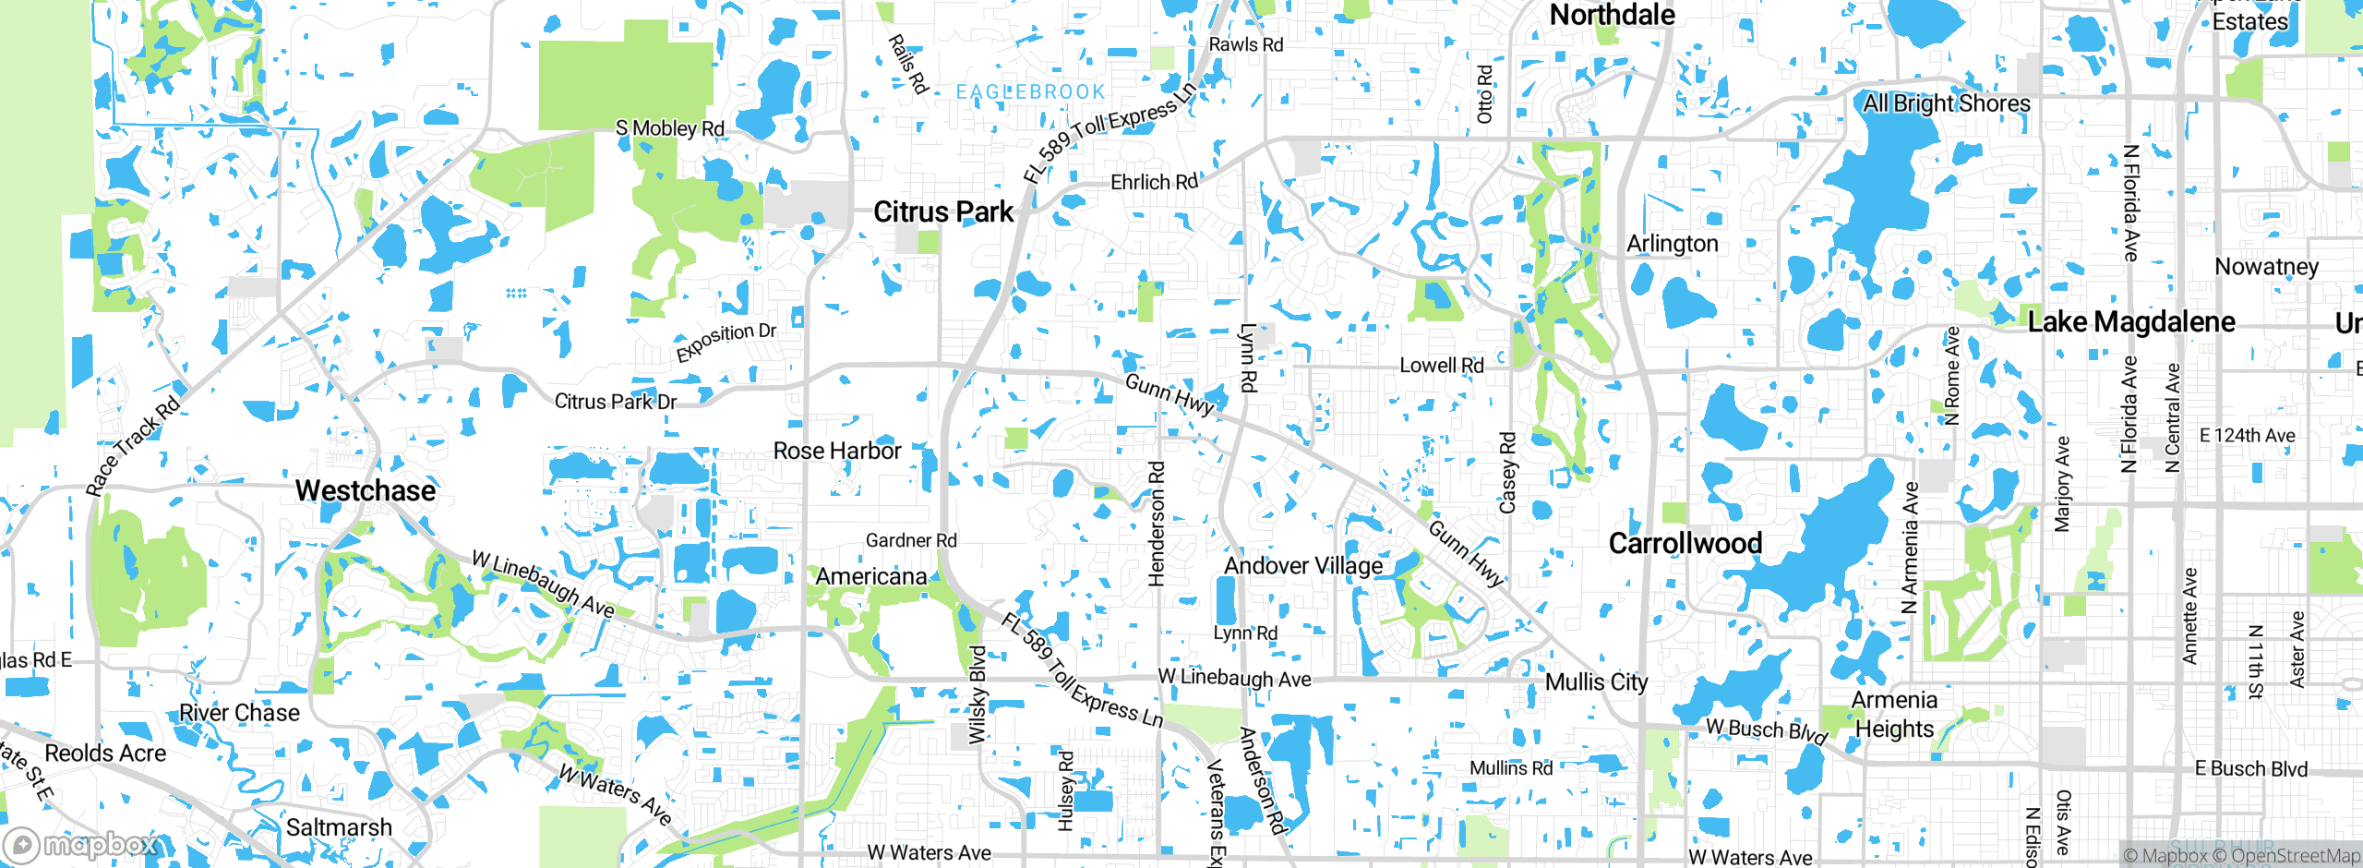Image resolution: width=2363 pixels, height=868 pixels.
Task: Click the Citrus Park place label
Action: click(942, 212)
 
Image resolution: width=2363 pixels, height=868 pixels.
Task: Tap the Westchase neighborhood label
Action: click(366, 490)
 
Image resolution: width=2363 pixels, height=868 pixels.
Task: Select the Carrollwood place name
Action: click(1685, 543)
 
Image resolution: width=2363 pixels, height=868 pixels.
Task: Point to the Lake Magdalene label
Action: click(2131, 322)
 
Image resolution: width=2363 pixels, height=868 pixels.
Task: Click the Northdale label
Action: click(1612, 15)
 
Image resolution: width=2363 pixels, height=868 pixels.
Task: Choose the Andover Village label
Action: click(1303, 565)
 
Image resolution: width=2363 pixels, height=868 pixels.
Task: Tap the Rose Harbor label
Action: click(836, 451)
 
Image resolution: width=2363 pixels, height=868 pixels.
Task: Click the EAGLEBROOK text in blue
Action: click(1030, 92)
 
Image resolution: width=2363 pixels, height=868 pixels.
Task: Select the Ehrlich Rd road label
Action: click(1154, 182)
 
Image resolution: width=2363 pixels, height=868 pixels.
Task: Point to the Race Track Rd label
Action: click(133, 446)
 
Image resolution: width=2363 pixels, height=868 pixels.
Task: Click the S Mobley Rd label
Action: click(669, 128)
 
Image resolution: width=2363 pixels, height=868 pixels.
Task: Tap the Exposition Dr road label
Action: click(726, 342)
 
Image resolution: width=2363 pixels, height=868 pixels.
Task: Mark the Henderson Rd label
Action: click(1156, 524)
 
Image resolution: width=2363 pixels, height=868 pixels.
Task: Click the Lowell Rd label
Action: click(1441, 366)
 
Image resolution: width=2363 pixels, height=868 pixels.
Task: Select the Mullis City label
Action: click(1596, 681)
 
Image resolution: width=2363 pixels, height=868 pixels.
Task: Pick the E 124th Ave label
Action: click(2247, 436)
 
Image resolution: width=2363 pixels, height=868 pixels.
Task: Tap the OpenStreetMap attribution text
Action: click(2293, 856)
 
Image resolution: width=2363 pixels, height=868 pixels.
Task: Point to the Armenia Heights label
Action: click(1894, 715)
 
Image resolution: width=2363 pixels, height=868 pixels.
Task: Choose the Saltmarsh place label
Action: click(339, 827)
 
